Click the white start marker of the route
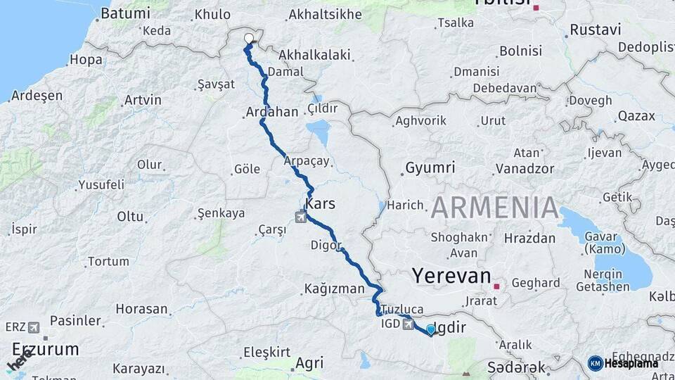point(248,39)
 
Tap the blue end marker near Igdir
point(431,329)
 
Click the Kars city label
point(321,203)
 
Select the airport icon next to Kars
point(302,216)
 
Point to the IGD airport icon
point(408,324)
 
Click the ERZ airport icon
point(33,327)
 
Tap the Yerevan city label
point(451,275)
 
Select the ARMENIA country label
point(494,208)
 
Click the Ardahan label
point(272,112)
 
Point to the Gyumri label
point(430,168)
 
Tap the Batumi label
point(125,13)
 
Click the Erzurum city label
point(45,349)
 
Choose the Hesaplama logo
point(622,363)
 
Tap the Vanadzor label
point(525,169)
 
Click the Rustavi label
point(595,30)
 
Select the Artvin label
point(142,100)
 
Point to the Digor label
point(326,246)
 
